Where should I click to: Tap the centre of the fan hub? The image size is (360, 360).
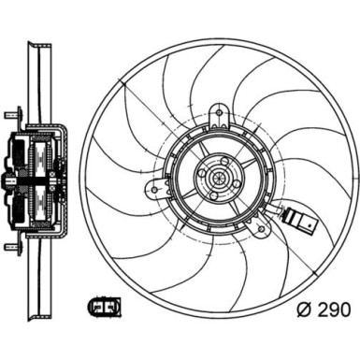(x=211, y=177)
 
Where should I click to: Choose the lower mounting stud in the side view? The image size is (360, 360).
(x=11, y=248)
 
